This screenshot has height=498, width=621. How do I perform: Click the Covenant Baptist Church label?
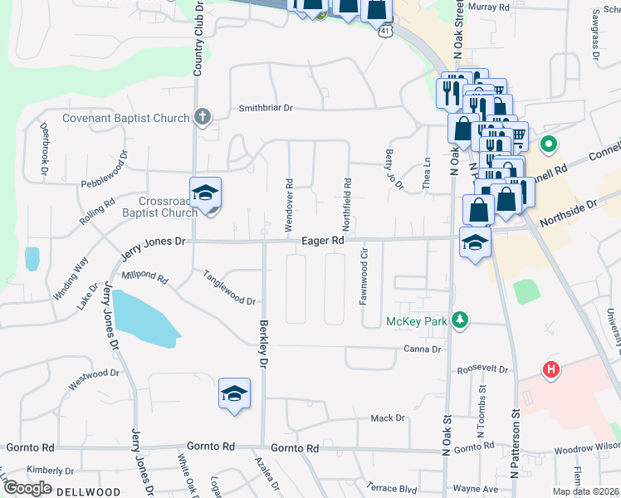coord(126,118)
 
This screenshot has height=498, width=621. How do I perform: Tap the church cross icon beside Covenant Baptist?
coord(202,117)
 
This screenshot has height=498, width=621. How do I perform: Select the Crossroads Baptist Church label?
coord(157,207)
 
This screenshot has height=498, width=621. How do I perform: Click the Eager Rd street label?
coord(323,240)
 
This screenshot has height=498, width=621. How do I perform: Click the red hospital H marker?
coord(550,369)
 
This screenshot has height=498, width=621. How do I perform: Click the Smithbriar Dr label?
coord(266,108)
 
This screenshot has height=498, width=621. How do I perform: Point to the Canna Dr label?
coord(423,349)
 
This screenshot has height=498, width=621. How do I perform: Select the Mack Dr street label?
coord(388,418)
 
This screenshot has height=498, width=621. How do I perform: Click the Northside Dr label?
coord(569,215)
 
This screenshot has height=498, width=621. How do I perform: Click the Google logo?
coord(28,487)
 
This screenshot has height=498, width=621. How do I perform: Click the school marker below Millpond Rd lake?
coord(234,393)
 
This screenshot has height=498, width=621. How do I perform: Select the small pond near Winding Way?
coord(32,258)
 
